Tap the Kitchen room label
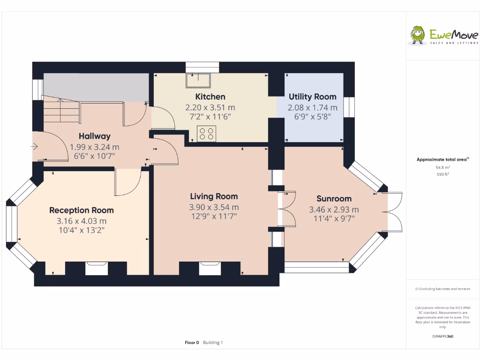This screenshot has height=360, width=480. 210,97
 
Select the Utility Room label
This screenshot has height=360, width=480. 312,97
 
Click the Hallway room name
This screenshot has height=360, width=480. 95,136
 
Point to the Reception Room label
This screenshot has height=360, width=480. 82,210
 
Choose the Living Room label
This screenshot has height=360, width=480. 214,196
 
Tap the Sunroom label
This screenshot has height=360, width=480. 334,198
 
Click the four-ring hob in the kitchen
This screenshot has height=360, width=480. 207,134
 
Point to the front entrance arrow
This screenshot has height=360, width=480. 35,147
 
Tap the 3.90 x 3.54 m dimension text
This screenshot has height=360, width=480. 214,207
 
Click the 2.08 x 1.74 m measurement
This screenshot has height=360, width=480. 312,108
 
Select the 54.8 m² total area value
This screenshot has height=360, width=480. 442,167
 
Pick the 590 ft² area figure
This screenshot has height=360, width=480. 442,174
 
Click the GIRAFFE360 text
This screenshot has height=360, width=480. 442,336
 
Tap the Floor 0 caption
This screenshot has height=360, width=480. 192,343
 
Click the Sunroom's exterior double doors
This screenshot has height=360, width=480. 394,211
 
